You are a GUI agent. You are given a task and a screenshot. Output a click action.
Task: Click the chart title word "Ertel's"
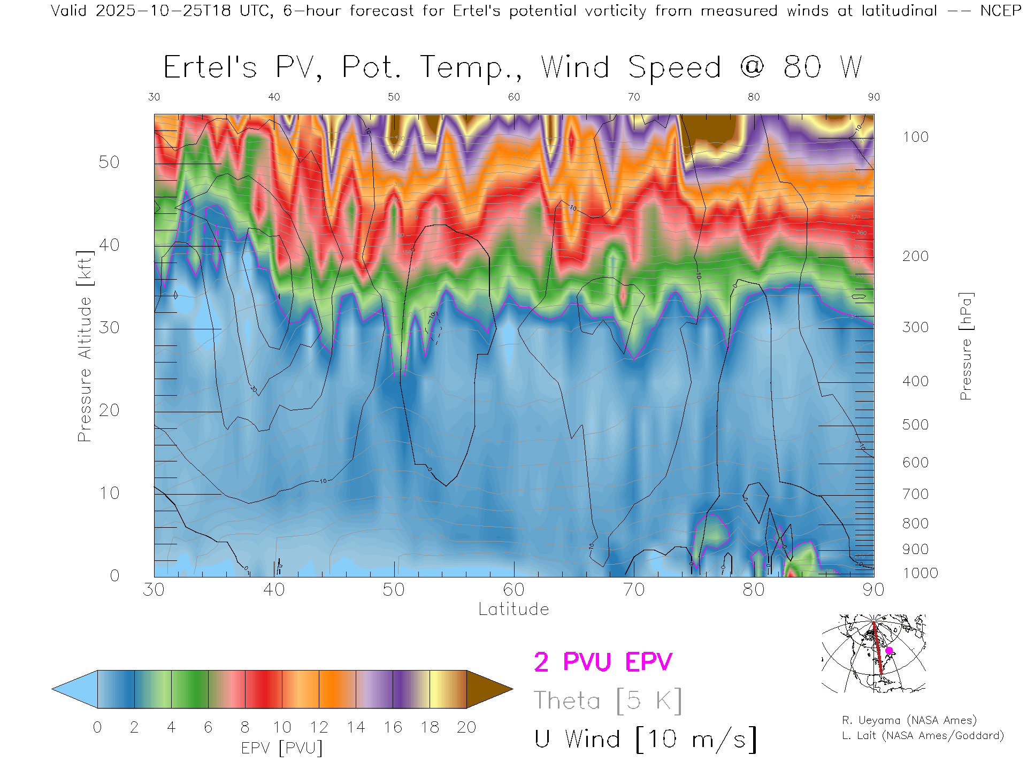tap(210, 68)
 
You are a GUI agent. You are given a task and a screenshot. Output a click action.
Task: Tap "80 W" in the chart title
tap(823, 68)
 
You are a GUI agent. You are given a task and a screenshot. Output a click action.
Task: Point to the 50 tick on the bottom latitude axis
tap(394, 589)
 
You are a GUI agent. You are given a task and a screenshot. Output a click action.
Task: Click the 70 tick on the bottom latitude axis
tap(634, 589)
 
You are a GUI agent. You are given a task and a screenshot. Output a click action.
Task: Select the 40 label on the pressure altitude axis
tap(109, 245)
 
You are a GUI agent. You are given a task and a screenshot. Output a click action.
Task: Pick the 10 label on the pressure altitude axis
tap(109, 493)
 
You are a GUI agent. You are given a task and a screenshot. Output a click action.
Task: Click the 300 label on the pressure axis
tap(915, 327)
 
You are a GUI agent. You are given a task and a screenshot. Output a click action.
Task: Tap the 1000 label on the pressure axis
tap(920, 573)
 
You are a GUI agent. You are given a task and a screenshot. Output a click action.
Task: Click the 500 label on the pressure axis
tap(915, 425)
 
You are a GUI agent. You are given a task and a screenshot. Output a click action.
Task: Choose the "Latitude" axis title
tap(513, 609)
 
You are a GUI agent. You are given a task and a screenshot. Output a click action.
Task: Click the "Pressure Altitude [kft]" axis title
tap(85, 346)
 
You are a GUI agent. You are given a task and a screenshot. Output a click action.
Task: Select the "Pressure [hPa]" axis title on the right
tap(965, 346)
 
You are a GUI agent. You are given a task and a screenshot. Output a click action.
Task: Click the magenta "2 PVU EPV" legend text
tap(603, 662)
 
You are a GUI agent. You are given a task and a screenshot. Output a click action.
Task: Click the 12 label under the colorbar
tap(319, 727)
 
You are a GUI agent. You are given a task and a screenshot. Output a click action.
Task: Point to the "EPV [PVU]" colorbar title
tap(282, 748)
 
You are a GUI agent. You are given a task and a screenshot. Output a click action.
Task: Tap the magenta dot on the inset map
tap(889, 651)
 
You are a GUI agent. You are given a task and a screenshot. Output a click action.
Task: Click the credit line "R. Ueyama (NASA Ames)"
tap(909, 720)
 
